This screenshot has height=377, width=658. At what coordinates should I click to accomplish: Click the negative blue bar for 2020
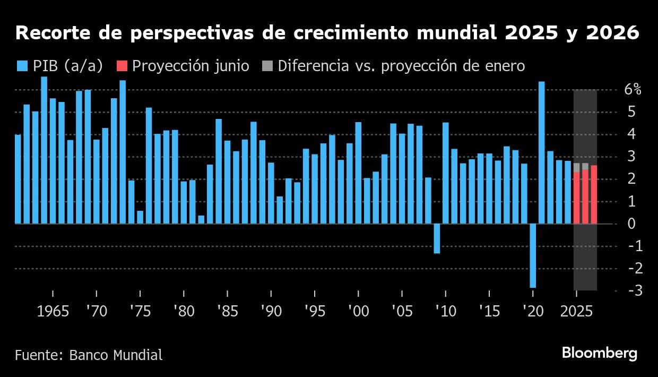click(533, 255)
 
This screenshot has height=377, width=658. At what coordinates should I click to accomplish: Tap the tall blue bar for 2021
click(541, 153)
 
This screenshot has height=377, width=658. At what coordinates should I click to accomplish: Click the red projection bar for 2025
click(576, 198)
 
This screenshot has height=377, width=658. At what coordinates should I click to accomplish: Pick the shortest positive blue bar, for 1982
click(201, 219)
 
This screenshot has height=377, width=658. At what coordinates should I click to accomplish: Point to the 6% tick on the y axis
click(632, 90)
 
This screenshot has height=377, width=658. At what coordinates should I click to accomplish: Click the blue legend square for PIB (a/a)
click(22, 66)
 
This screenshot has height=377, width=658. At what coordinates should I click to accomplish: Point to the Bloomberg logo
click(599, 354)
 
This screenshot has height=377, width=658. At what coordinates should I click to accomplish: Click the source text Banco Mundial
click(116, 355)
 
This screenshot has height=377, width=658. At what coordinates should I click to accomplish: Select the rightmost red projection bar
click(594, 195)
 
